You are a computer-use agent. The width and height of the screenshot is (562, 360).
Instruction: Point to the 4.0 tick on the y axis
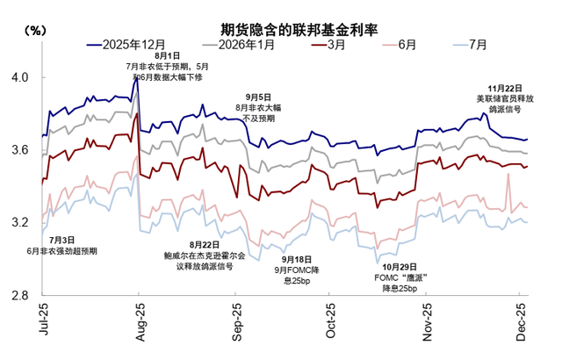[20, 78]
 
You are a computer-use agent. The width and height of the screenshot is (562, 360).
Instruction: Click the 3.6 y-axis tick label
[20, 151]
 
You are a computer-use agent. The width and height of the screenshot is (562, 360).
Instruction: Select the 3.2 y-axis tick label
[20, 224]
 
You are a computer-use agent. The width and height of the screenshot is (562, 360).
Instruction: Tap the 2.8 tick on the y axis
[20, 297]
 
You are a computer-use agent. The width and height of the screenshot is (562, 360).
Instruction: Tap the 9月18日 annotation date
[299, 259]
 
